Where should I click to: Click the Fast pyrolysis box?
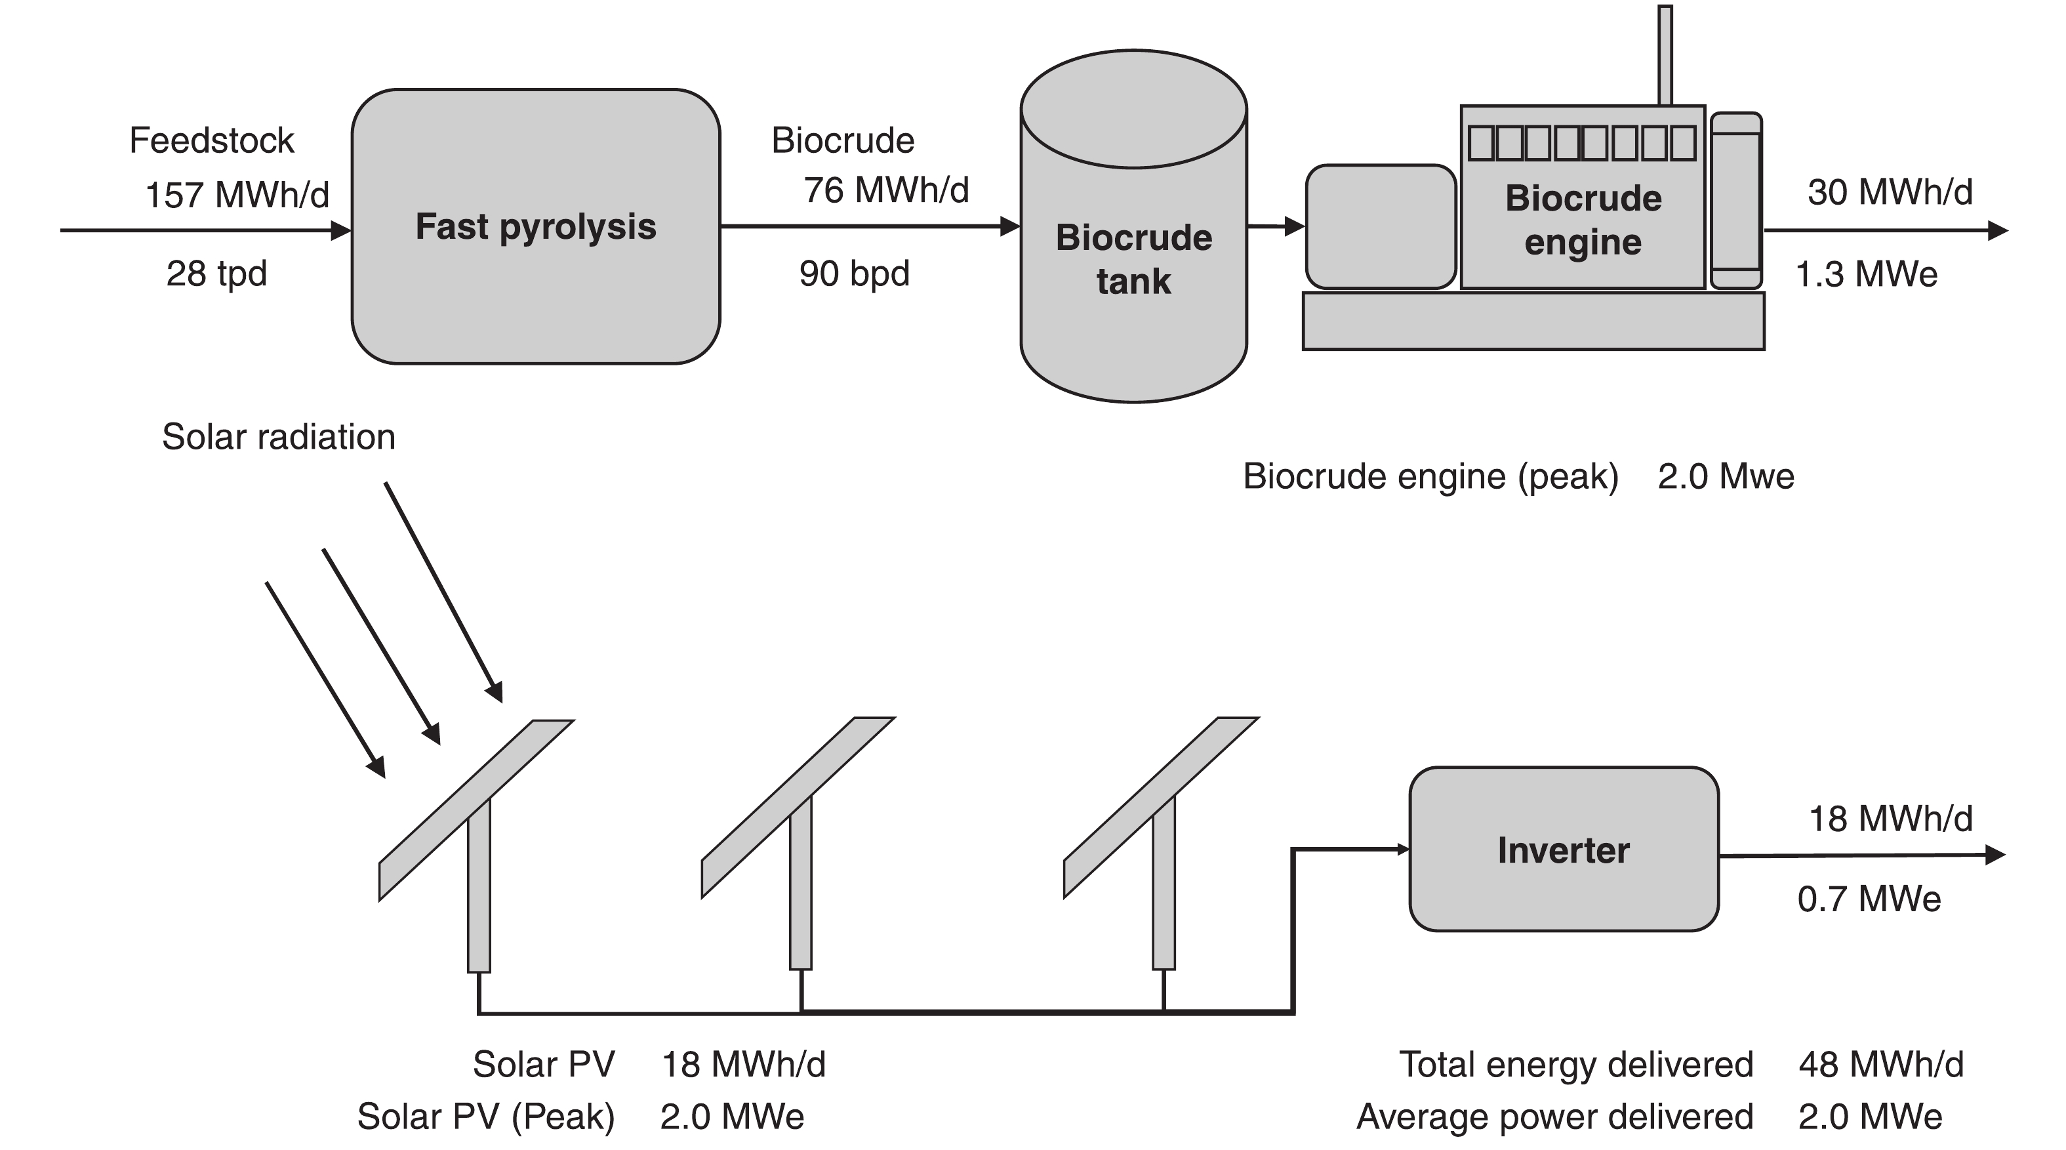(x=536, y=227)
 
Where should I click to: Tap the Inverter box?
(x=1563, y=850)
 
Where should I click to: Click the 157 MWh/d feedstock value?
(x=237, y=195)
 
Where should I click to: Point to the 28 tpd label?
(x=216, y=274)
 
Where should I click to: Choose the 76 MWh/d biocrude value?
(x=886, y=190)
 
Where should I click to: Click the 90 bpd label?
(x=854, y=274)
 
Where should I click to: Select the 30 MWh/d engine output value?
(x=1890, y=192)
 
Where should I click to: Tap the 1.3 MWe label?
(x=1865, y=274)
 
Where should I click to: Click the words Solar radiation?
(x=278, y=437)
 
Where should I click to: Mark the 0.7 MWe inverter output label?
(x=1869, y=899)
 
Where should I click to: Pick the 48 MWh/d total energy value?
(x=1881, y=1065)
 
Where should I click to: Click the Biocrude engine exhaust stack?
(x=1665, y=54)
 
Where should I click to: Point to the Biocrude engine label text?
(x=1583, y=220)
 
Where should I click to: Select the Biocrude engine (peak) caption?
(x=1430, y=476)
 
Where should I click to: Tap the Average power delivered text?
(x=1554, y=1117)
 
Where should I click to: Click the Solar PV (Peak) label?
(x=485, y=1117)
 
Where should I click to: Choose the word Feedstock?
(x=212, y=140)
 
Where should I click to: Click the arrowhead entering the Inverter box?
(x=1403, y=850)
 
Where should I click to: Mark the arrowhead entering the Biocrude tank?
(x=1011, y=227)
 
